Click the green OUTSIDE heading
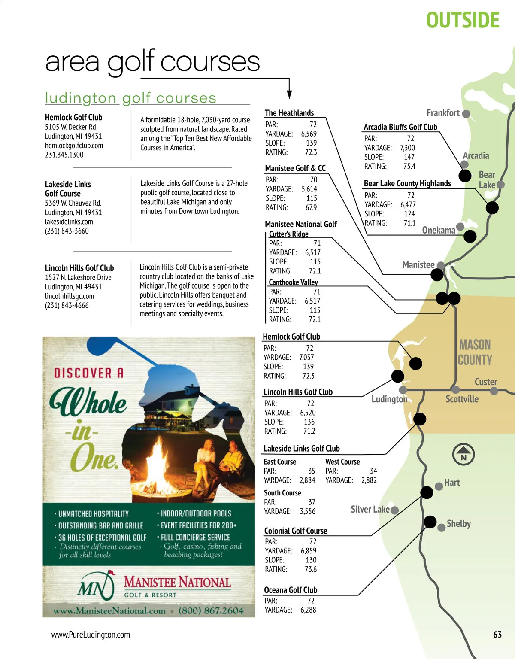[x=463, y=21]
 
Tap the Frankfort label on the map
[x=443, y=113]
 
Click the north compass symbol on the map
[x=463, y=454]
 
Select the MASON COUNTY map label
[x=475, y=352]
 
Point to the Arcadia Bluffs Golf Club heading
[x=400, y=127]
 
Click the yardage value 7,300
[x=407, y=148]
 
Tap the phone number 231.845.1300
[x=64, y=155]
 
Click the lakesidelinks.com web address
[x=69, y=222]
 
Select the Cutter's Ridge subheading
[x=288, y=234]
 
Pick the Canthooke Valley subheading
[x=293, y=282]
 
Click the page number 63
[x=497, y=635]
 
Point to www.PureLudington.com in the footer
[x=91, y=635]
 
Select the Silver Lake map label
[x=370, y=510]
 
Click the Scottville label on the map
[x=462, y=399]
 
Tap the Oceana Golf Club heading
[x=291, y=590]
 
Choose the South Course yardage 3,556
[x=307, y=511]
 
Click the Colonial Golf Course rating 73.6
[x=310, y=569]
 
